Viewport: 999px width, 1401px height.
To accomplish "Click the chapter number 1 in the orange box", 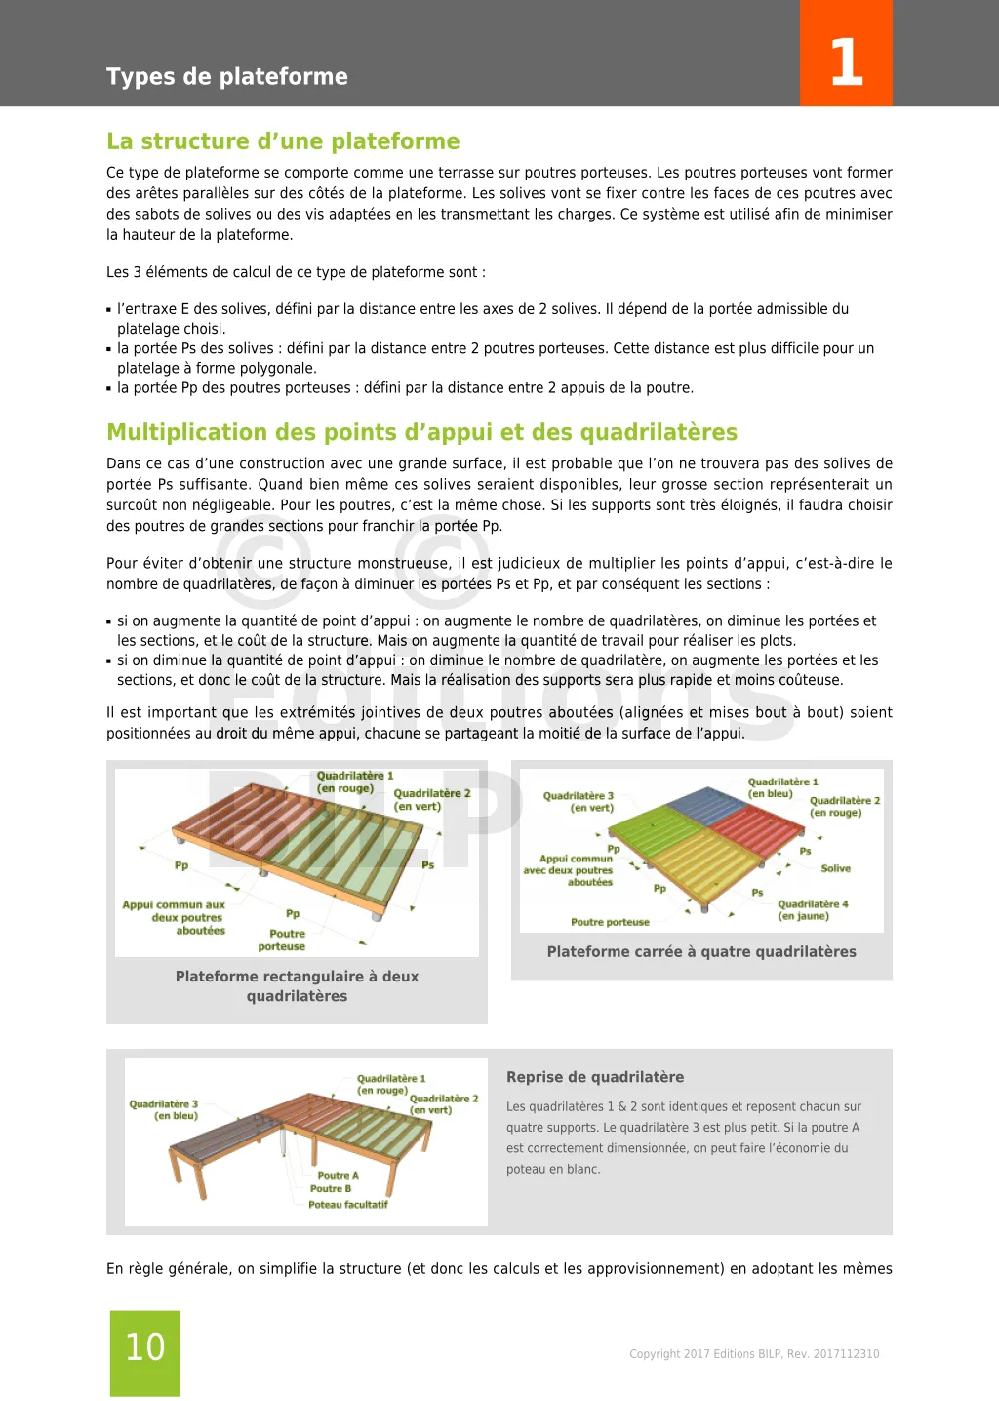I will [x=846, y=62].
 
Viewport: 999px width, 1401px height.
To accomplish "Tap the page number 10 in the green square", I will [x=145, y=1347].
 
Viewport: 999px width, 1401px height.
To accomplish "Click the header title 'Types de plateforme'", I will [x=226, y=76].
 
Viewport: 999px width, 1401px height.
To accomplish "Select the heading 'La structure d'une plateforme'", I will [x=283, y=141].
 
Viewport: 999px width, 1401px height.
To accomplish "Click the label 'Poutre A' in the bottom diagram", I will [x=338, y=1176].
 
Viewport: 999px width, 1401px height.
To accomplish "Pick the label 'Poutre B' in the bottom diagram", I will [x=331, y=1189].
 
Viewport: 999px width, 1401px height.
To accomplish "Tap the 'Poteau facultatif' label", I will [x=348, y=1205].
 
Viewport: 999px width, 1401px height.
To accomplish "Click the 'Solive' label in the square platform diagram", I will [x=835, y=868].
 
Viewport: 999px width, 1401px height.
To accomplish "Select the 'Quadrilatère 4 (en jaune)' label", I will [x=812, y=909].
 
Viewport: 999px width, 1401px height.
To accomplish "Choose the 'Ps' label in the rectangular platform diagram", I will [x=427, y=865].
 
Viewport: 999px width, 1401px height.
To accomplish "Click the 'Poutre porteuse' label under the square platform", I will [x=610, y=922].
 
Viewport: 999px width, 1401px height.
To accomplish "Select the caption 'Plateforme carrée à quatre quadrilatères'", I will [x=701, y=951].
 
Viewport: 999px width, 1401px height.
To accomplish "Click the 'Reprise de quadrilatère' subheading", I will [x=595, y=1077].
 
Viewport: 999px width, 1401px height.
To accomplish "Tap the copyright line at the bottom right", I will [x=754, y=1354].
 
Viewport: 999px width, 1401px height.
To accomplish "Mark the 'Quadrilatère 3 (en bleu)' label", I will [x=164, y=1110].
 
